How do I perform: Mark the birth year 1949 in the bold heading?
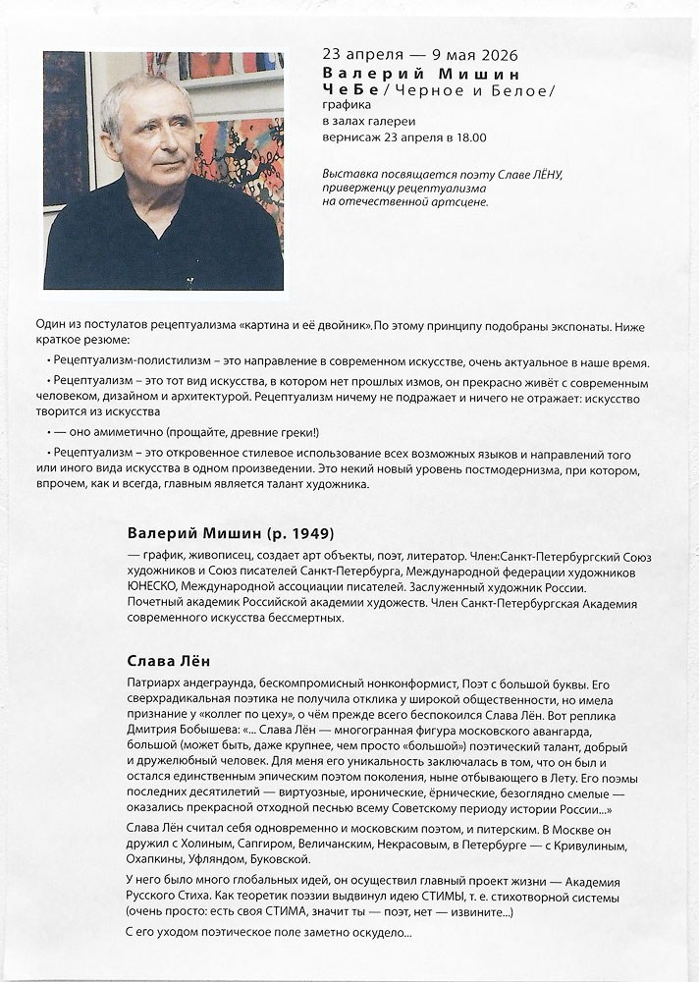click(308, 534)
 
